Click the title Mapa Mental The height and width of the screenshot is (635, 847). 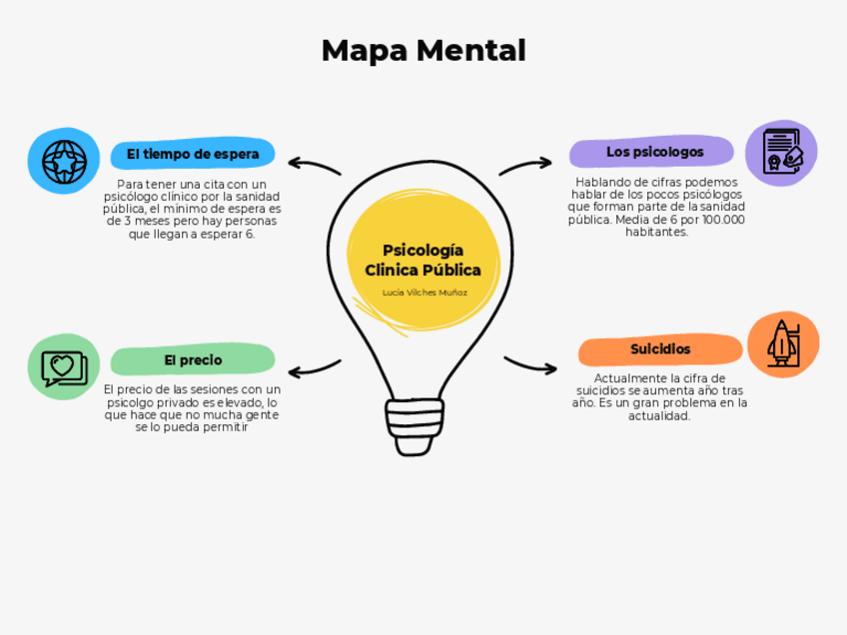[423, 50]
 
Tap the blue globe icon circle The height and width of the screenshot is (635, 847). [62, 159]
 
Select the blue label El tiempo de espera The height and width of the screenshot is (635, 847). [193, 154]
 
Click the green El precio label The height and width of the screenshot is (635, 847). [193, 359]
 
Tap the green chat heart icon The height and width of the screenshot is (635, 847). [63, 367]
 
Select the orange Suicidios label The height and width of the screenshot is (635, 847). [660, 349]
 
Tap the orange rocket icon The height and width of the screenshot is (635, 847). [782, 341]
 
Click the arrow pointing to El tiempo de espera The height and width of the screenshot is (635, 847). [314, 165]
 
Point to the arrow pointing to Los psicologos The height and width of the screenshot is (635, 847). [526, 165]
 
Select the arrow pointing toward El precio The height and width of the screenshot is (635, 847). [314, 366]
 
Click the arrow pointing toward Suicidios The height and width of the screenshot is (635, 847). [530, 364]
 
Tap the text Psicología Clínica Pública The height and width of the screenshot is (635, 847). [423, 260]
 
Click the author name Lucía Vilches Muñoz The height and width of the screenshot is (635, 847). [424, 293]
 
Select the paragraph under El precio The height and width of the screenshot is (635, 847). [192, 407]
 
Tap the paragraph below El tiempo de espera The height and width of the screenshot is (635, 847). [193, 209]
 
